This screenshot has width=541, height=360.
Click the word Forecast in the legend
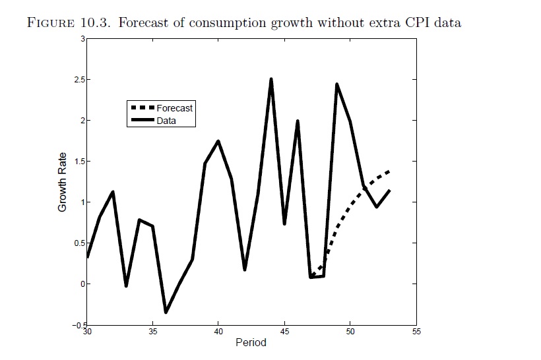pyautogui.click(x=175, y=108)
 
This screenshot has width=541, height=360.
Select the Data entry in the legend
pyautogui.click(x=166, y=121)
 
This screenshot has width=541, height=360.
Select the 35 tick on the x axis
pyautogui.click(x=152, y=331)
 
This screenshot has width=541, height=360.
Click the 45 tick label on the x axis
pyautogui.click(x=284, y=331)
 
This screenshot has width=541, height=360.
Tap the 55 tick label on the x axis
pyautogui.click(x=416, y=331)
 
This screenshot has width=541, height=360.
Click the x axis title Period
pyautogui.click(x=251, y=343)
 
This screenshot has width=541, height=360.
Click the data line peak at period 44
pyautogui.click(x=271, y=79)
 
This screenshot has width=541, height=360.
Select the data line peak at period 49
pyautogui.click(x=337, y=84)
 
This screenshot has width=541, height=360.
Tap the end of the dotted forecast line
pyautogui.click(x=389, y=171)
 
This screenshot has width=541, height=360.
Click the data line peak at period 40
pyautogui.click(x=218, y=141)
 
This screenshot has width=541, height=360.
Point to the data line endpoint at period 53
pyautogui.click(x=390, y=191)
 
